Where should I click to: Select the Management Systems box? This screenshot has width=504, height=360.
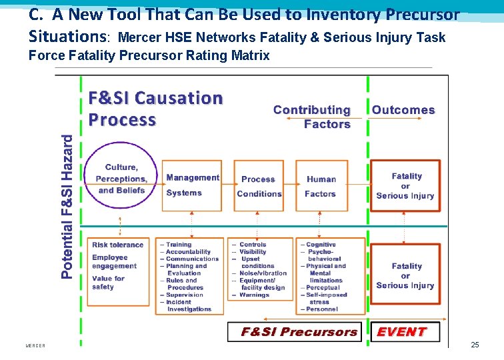click(x=192, y=185)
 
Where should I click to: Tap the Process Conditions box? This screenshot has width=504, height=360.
click(x=259, y=186)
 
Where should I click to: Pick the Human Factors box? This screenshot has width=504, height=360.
click(x=321, y=186)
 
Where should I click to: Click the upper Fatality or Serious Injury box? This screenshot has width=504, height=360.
click(x=405, y=186)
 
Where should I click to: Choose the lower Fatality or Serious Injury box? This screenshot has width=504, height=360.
click(x=405, y=275)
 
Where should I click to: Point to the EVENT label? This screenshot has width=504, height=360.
click(x=401, y=332)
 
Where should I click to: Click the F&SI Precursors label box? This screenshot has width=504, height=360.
click(x=299, y=332)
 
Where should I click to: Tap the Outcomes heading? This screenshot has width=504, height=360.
click(x=403, y=110)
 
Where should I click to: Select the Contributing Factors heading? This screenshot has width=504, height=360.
click(x=312, y=117)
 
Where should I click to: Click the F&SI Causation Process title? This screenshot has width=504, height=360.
click(x=156, y=109)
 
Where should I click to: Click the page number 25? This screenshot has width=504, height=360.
click(x=475, y=345)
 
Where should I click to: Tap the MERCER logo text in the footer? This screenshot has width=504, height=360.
click(x=35, y=346)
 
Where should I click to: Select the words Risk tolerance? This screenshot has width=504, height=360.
click(x=117, y=245)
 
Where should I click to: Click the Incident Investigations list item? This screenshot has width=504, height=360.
click(x=186, y=306)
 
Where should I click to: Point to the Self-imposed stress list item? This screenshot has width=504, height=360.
click(x=325, y=298)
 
